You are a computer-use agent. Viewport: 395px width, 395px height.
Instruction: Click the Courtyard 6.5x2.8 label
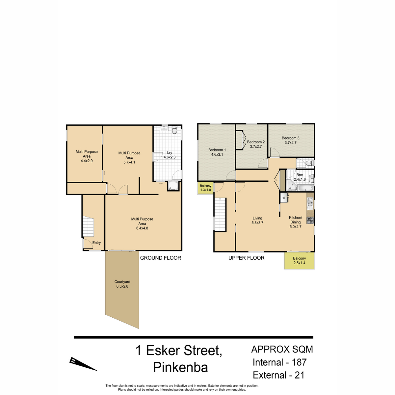[122, 284]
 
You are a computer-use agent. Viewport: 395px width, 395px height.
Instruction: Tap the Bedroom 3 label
[290, 140]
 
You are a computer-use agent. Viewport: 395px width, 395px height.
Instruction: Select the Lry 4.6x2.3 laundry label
[170, 155]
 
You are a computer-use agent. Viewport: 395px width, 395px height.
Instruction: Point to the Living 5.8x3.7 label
[257, 220]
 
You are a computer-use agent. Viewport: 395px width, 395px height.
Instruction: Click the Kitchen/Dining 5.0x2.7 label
[295, 222]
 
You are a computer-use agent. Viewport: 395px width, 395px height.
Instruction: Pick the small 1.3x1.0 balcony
[206, 188]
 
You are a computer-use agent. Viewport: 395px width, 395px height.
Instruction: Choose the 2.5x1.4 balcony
[299, 261]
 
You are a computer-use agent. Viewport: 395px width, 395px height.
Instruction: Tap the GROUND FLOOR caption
[161, 258]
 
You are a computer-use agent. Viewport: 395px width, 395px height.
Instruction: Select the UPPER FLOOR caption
[247, 258]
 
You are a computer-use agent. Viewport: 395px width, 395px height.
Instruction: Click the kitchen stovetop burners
[310, 220]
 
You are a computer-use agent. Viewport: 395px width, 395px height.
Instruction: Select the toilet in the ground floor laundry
[174, 130]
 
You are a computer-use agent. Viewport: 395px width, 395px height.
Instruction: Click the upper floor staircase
[220, 214]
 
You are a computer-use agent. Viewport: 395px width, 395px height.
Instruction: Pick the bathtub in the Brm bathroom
[305, 188]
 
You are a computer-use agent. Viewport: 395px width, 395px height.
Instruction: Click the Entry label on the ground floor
[96, 243]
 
